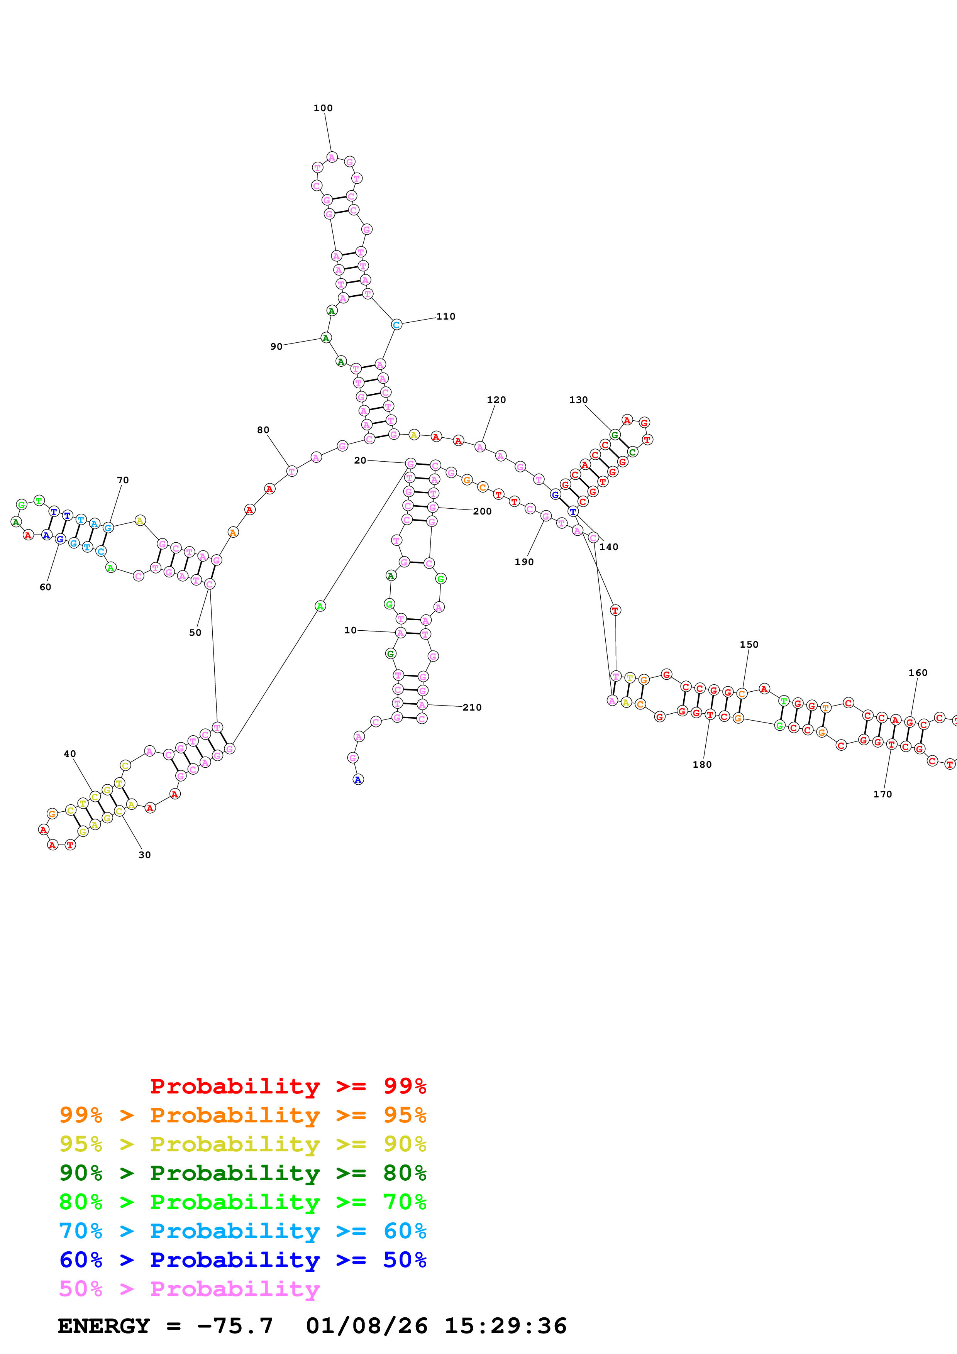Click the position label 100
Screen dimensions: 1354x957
point(323,108)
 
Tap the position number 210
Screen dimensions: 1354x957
point(472,707)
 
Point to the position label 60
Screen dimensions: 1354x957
point(46,587)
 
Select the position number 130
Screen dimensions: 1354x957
point(578,400)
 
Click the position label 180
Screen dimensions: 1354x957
point(702,764)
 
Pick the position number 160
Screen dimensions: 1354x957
point(918,672)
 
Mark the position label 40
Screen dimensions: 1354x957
point(69,754)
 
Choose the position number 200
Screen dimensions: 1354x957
point(482,511)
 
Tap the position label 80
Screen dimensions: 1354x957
point(263,430)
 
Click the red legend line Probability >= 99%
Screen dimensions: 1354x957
point(288,1086)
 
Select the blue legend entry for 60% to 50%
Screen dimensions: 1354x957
point(242,1260)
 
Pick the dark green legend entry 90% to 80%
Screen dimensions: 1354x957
point(242,1173)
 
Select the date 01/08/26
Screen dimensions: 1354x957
point(367,1326)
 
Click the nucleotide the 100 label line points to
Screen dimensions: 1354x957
point(332,157)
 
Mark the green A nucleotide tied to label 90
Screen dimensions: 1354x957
point(325,338)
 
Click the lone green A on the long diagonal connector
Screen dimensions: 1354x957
point(320,606)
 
